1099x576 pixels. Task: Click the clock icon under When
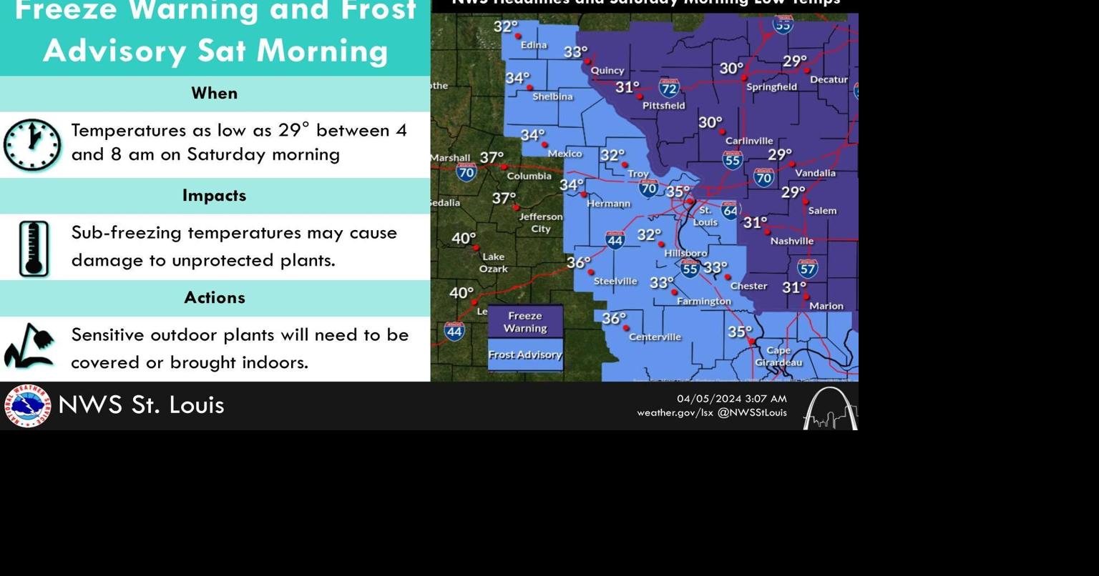click(32, 145)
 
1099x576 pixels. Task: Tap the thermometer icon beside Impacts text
click(34, 249)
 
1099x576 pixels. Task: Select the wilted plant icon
click(29, 347)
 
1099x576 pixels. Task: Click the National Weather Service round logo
click(28, 406)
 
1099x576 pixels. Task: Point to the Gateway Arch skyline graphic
click(830, 409)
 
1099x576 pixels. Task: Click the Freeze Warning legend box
click(525, 322)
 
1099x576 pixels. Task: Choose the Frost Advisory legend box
click(525, 355)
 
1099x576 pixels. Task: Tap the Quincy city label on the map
click(607, 71)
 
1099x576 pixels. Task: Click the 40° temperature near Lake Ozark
click(464, 238)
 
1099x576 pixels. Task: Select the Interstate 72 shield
click(669, 89)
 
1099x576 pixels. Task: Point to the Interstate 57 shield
click(808, 268)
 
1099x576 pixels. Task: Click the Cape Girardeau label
click(778, 356)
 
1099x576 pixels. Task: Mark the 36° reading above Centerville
click(614, 318)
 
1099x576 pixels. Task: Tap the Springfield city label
click(771, 87)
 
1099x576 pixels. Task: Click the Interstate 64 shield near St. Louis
click(730, 210)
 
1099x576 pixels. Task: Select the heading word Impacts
click(214, 196)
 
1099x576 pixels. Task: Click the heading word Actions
click(214, 298)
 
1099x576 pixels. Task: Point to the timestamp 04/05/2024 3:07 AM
click(731, 399)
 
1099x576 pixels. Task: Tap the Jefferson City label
click(541, 222)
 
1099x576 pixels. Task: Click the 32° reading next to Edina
click(505, 26)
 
